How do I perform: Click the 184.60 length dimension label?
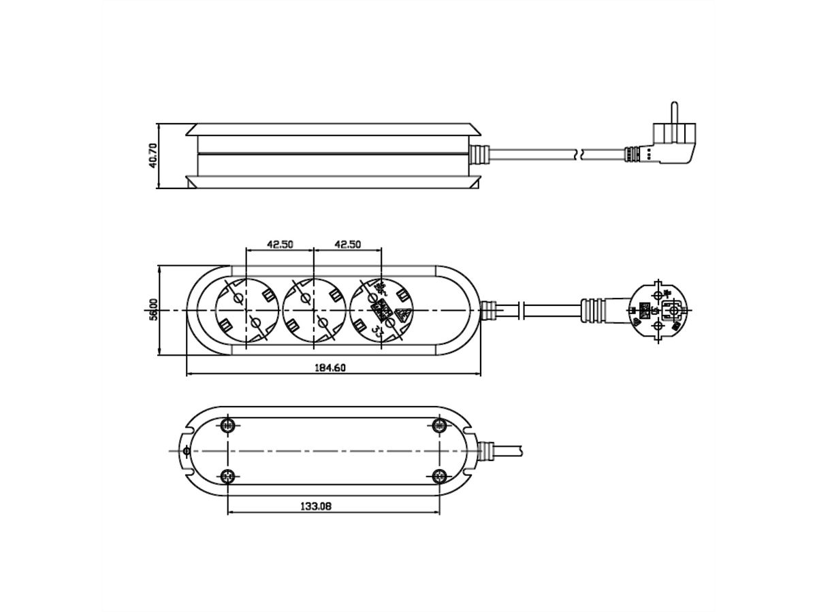tap(333, 368)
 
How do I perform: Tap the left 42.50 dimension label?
tap(279, 244)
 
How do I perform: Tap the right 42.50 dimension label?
tap(347, 244)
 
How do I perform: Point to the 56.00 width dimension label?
tap(154, 309)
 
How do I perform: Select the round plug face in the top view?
tap(658, 311)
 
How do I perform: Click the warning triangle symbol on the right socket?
tap(402, 315)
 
